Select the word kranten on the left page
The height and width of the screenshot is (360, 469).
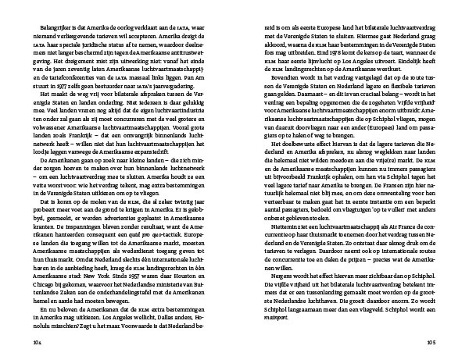point(48,212)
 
